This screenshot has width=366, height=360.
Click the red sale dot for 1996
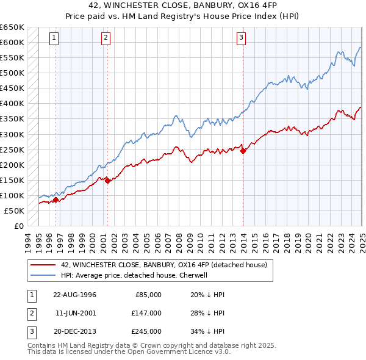tap(56, 199)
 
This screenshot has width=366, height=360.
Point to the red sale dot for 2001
tap(107, 180)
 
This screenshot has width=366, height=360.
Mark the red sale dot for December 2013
tap(243, 151)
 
